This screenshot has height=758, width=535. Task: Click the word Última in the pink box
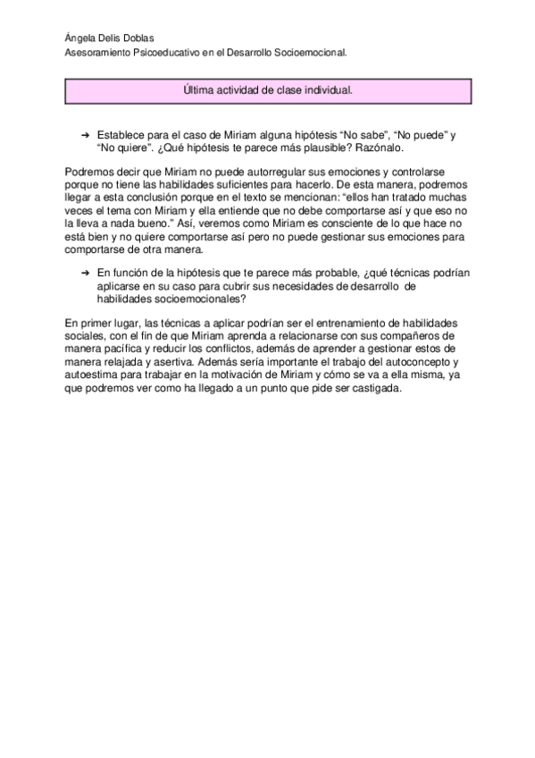pos(196,90)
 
